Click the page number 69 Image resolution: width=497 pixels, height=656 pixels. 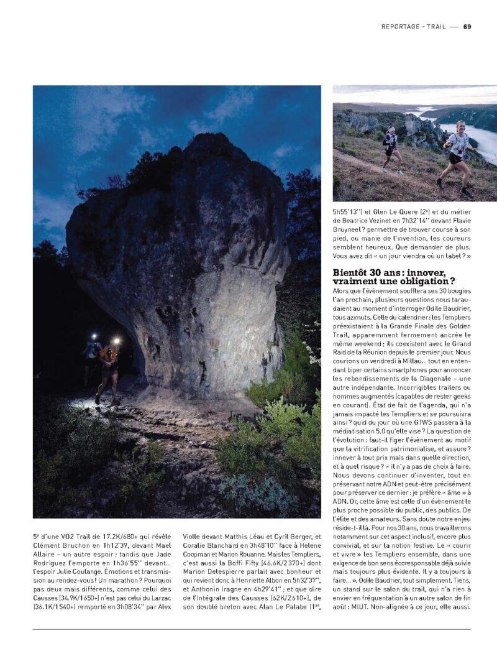point(467,26)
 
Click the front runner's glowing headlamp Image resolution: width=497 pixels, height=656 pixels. point(116,341)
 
